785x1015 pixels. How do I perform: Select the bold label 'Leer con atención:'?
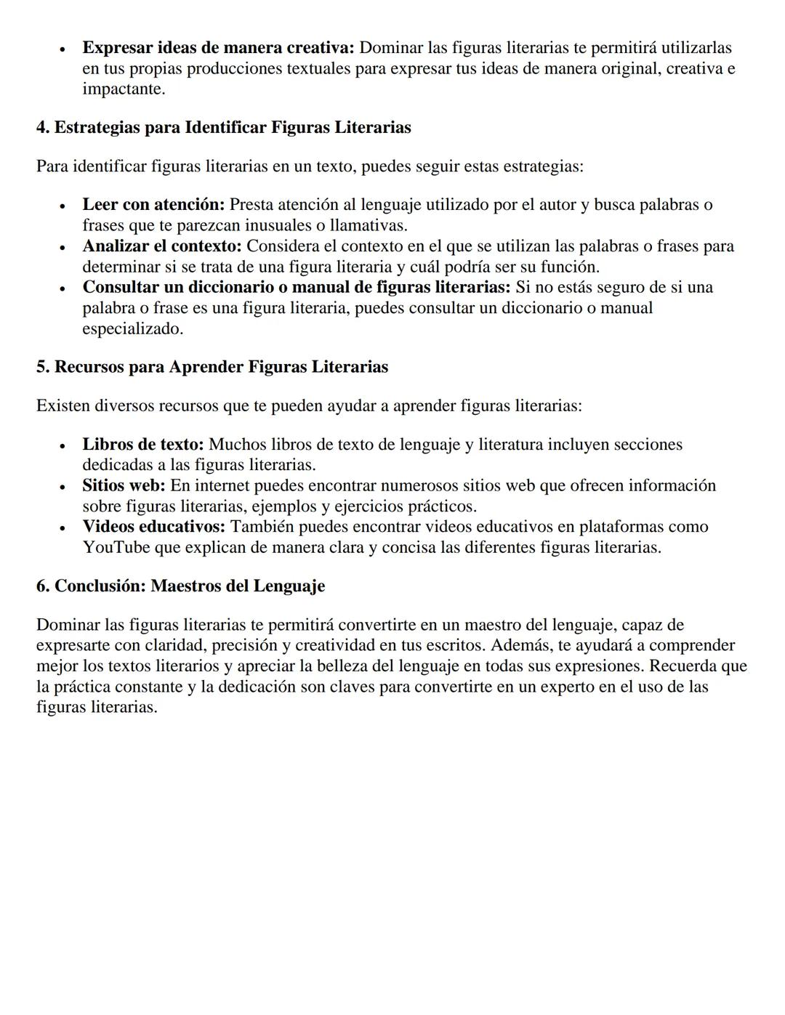pos(153,204)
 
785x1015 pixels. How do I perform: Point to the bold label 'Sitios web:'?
pos(124,485)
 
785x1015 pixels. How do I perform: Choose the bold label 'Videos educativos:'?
pos(153,526)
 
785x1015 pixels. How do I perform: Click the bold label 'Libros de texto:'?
pos(143,444)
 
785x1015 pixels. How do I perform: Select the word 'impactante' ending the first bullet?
pos(121,89)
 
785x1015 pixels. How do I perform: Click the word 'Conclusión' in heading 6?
pos(97,586)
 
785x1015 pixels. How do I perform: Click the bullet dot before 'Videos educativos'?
pos(63,527)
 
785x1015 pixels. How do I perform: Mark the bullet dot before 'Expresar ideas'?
pos(63,49)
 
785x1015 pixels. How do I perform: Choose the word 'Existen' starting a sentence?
pos(63,405)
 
